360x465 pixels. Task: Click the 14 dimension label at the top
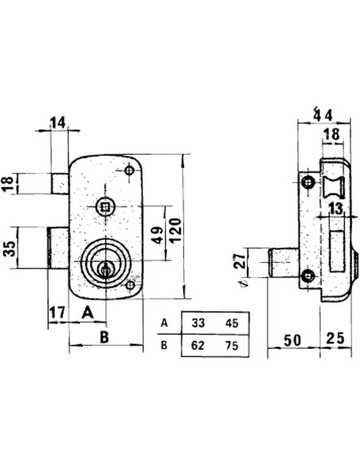tap(57, 123)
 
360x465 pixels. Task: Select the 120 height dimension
tap(175, 230)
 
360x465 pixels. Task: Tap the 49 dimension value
tap(158, 235)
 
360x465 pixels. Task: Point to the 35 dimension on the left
tap(10, 248)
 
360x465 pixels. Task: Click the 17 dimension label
tap(57, 313)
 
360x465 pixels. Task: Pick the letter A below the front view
tap(88, 312)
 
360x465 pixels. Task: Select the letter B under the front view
tap(104, 337)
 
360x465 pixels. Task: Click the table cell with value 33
tap(198, 322)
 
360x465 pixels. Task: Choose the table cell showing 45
tap(232, 323)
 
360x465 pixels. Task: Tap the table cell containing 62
tap(198, 346)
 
